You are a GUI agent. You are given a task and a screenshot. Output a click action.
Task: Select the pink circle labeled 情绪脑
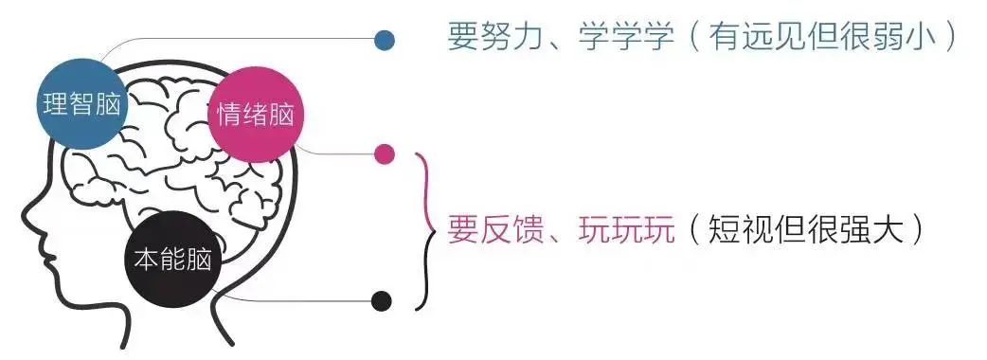point(254,116)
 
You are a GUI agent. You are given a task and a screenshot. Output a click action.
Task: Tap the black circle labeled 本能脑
point(172,256)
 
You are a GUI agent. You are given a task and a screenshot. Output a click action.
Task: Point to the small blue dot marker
point(385,40)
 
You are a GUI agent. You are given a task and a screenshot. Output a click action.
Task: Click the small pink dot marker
point(385,154)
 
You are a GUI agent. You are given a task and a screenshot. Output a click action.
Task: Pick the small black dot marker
point(381,301)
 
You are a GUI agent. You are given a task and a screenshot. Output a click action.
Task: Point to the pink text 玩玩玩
point(626,229)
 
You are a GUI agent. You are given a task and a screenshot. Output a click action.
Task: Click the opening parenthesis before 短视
point(695,229)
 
